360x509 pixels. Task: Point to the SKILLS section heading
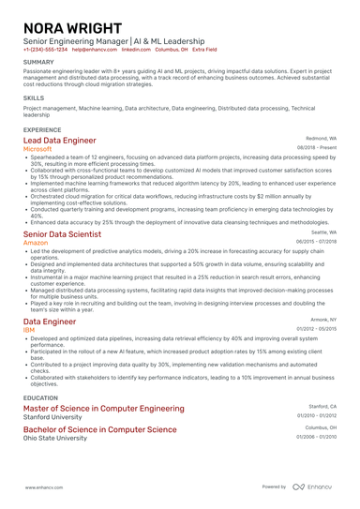click(34, 97)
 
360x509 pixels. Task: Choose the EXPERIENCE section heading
click(43, 128)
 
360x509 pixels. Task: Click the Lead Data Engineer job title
click(59, 140)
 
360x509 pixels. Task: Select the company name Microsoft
click(37, 149)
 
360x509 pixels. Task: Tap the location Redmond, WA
click(321, 138)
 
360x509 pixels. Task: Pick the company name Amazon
click(35, 243)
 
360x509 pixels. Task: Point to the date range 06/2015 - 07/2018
click(317, 242)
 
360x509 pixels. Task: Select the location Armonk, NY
click(322, 319)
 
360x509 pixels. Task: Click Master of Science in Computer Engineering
click(103, 409)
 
